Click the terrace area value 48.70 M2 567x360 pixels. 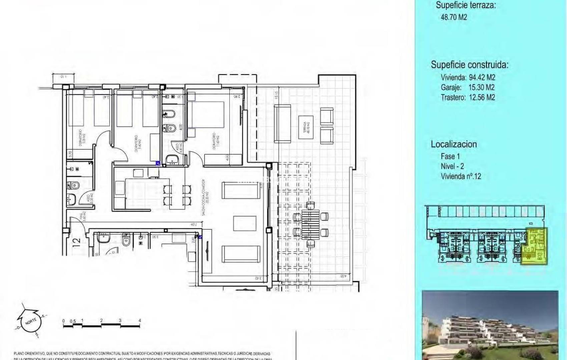(x=454, y=17)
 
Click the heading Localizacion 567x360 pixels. (x=454, y=144)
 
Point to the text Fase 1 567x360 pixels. (x=450, y=156)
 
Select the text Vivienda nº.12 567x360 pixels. (x=461, y=176)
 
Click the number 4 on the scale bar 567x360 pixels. (x=140, y=320)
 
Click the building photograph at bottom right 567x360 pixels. (x=490, y=325)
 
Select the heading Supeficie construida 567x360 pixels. (x=470, y=65)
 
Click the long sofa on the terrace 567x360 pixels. (x=282, y=124)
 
